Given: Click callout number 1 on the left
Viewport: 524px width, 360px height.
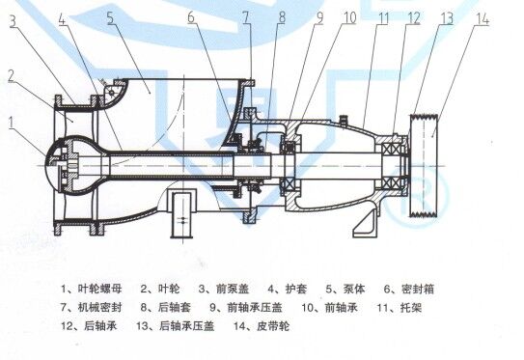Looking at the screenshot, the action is point(12,123).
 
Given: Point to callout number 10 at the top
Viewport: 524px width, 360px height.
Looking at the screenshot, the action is point(350,18).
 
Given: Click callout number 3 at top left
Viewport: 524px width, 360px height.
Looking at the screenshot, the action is point(13,20).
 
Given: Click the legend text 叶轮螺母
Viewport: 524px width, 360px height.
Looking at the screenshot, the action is point(100,289).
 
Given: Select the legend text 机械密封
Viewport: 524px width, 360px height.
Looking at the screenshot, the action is point(100,307).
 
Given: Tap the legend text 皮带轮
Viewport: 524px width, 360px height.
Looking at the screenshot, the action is point(273,326).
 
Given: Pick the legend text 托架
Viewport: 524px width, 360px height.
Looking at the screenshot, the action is point(411,307).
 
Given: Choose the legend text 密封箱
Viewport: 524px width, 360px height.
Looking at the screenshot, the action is point(418,289).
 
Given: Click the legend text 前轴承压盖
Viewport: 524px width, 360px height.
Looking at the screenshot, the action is point(255,307).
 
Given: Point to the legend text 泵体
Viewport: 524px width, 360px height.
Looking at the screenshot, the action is point(354,289).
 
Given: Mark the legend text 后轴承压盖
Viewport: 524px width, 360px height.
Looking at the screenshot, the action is point(186,326).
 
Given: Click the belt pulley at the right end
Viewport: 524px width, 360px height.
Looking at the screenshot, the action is point(424,165).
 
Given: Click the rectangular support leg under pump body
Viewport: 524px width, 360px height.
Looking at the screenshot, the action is point(182,214).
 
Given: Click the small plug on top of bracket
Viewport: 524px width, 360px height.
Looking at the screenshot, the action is point(344,119).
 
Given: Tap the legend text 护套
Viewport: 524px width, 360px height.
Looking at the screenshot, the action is point(296,289).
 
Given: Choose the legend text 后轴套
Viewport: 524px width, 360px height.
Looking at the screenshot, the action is point(174,307).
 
